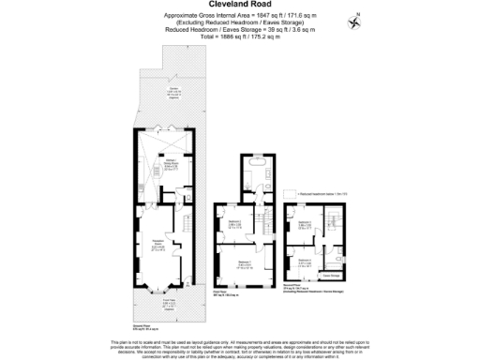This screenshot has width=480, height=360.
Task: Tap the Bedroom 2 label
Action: click(x=236, y=225)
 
